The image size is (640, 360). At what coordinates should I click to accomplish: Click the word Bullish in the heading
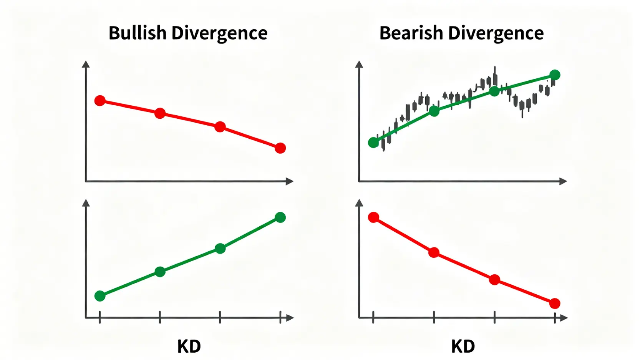click(137, 33)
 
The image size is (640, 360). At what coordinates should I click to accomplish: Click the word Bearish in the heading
click(411, 33)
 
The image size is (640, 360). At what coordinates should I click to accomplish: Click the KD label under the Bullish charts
click(189, 347)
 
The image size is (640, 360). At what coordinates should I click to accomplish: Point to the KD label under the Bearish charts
click(463, 347)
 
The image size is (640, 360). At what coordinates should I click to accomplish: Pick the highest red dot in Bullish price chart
click(100, 101)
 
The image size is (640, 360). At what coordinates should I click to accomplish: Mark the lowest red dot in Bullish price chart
click(280, 148)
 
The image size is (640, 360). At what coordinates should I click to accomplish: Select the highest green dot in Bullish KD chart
click(280, 217)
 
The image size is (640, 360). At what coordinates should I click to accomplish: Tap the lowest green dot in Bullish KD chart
click(100, 296)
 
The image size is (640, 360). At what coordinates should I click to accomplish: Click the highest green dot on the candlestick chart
click(555, 75)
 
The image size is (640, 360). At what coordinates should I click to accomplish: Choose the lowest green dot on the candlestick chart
click(373, 143)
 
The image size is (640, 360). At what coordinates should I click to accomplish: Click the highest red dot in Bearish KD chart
click(373, 217)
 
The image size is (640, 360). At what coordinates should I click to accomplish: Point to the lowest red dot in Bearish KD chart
click(555, 304)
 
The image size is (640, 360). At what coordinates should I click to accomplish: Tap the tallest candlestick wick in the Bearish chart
click(495, 73)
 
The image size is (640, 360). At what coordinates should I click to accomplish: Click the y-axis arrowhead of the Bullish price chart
click(86, 64)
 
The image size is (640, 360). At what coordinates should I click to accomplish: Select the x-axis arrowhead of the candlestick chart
click(563, 181)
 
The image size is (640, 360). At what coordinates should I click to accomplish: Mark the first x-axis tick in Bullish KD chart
click(100, 318)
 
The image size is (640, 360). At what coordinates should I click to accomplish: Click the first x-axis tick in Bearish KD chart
click(373, 318)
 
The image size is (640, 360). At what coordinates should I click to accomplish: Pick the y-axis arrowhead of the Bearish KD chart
click(359, 203)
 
